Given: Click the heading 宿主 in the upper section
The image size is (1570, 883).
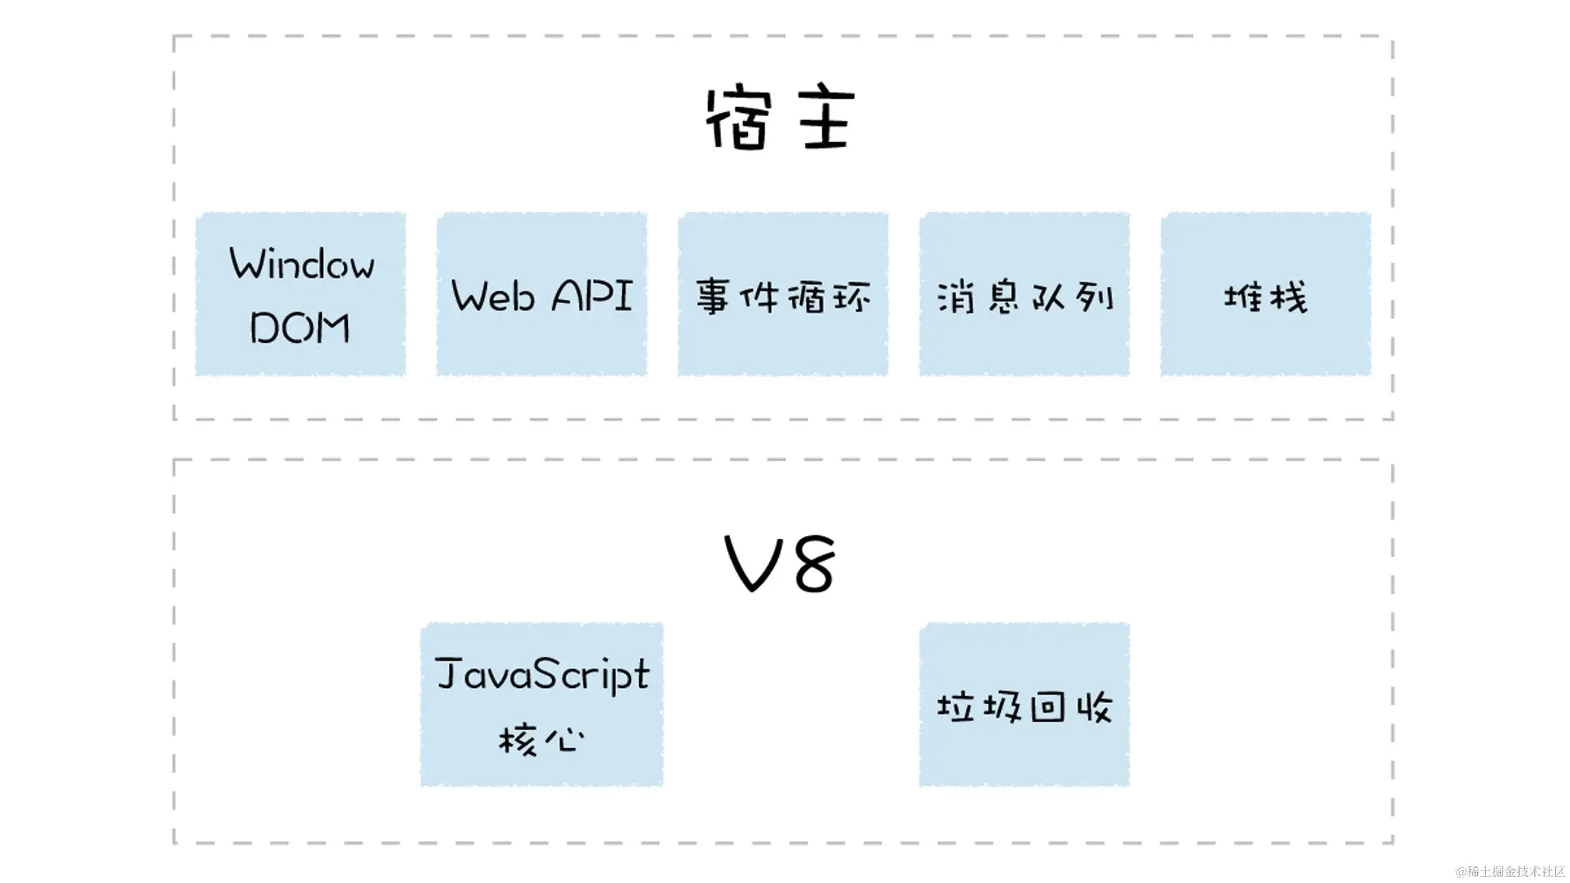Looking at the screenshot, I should pyautogui.click(x=781, y=118).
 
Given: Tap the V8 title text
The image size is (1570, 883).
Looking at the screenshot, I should pyautogui.click(x=781, y=563).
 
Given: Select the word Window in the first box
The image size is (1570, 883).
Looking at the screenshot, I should pyautogui.click(x=302, y=264).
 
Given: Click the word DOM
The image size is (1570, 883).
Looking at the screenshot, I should pyautogui.click(x=300, y=328).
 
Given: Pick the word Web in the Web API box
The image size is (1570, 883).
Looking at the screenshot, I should pyautogui.click(x=492, y=296).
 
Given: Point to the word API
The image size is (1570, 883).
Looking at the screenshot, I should pyautogui.click(x=591, y=296).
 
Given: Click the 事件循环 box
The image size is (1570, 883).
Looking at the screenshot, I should pyautogui.click(x=783, y=295).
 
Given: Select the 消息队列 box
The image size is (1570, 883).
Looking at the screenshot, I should pyautogui.click(x=1024, y=295).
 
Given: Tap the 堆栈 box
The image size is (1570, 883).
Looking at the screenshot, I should pyautogui.click(x=1265, y=295).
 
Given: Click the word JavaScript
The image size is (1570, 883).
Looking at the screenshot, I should pyautogui.click(x=542, y=674).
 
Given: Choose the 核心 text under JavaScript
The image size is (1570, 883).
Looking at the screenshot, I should pyautogui.click(x=542, y=739).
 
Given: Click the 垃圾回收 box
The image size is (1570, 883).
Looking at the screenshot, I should pyautogui.click(x=1024, y=705).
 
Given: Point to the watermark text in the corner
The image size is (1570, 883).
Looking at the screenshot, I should pyautogui.click(x=1510, y=871).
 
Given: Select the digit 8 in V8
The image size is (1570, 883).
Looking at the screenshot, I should pyautogui.click(x=813, y=563).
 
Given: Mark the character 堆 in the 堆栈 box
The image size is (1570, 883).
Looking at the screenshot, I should pyautogui.click(x=1243, y=298).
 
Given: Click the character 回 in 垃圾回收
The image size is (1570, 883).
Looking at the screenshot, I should pyautogui.click(x=1048, y=706).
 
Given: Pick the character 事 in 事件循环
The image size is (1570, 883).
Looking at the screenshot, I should pyautogui.click(x=714, y=298).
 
